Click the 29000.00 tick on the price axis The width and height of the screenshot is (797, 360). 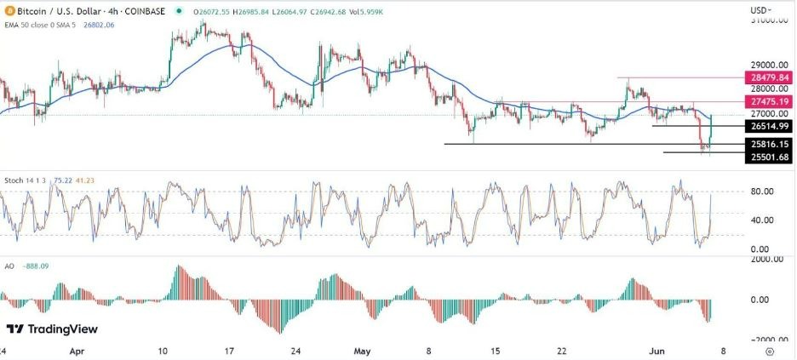[x=766, y=65]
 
